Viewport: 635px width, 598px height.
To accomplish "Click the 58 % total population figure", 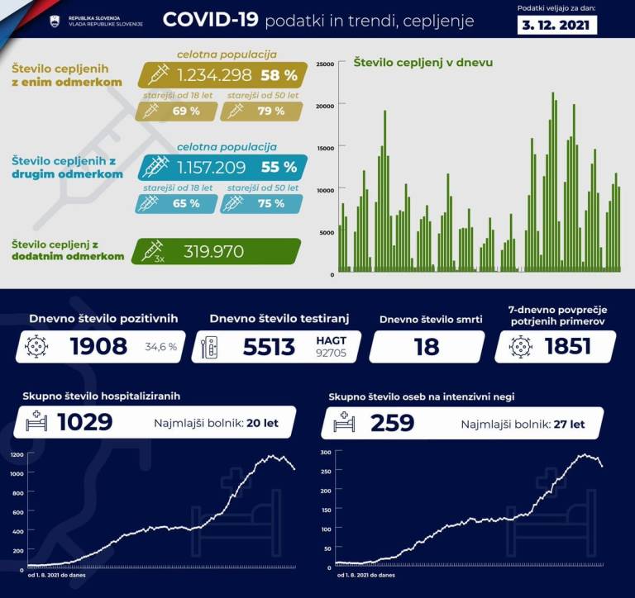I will (279, 75).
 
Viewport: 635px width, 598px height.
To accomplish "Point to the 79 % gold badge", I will (265, 111).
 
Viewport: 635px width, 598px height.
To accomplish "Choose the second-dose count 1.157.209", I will (211, 168).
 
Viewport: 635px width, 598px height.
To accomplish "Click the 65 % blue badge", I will (184, 203).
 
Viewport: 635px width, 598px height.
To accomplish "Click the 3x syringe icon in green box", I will (154, 251).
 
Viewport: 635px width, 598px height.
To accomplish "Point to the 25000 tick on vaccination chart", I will (325, 64).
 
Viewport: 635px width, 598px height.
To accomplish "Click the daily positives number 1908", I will (98, 346).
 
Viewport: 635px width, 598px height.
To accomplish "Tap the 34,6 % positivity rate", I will (160, 347).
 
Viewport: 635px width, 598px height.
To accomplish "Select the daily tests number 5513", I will (269, 347).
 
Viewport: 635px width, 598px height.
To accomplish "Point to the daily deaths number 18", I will (427, 347).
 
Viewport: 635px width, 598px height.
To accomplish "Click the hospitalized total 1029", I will (84, 423).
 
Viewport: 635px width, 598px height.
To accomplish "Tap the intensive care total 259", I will (393, 423).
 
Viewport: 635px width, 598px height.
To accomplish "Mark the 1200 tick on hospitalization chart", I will (17, 455).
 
